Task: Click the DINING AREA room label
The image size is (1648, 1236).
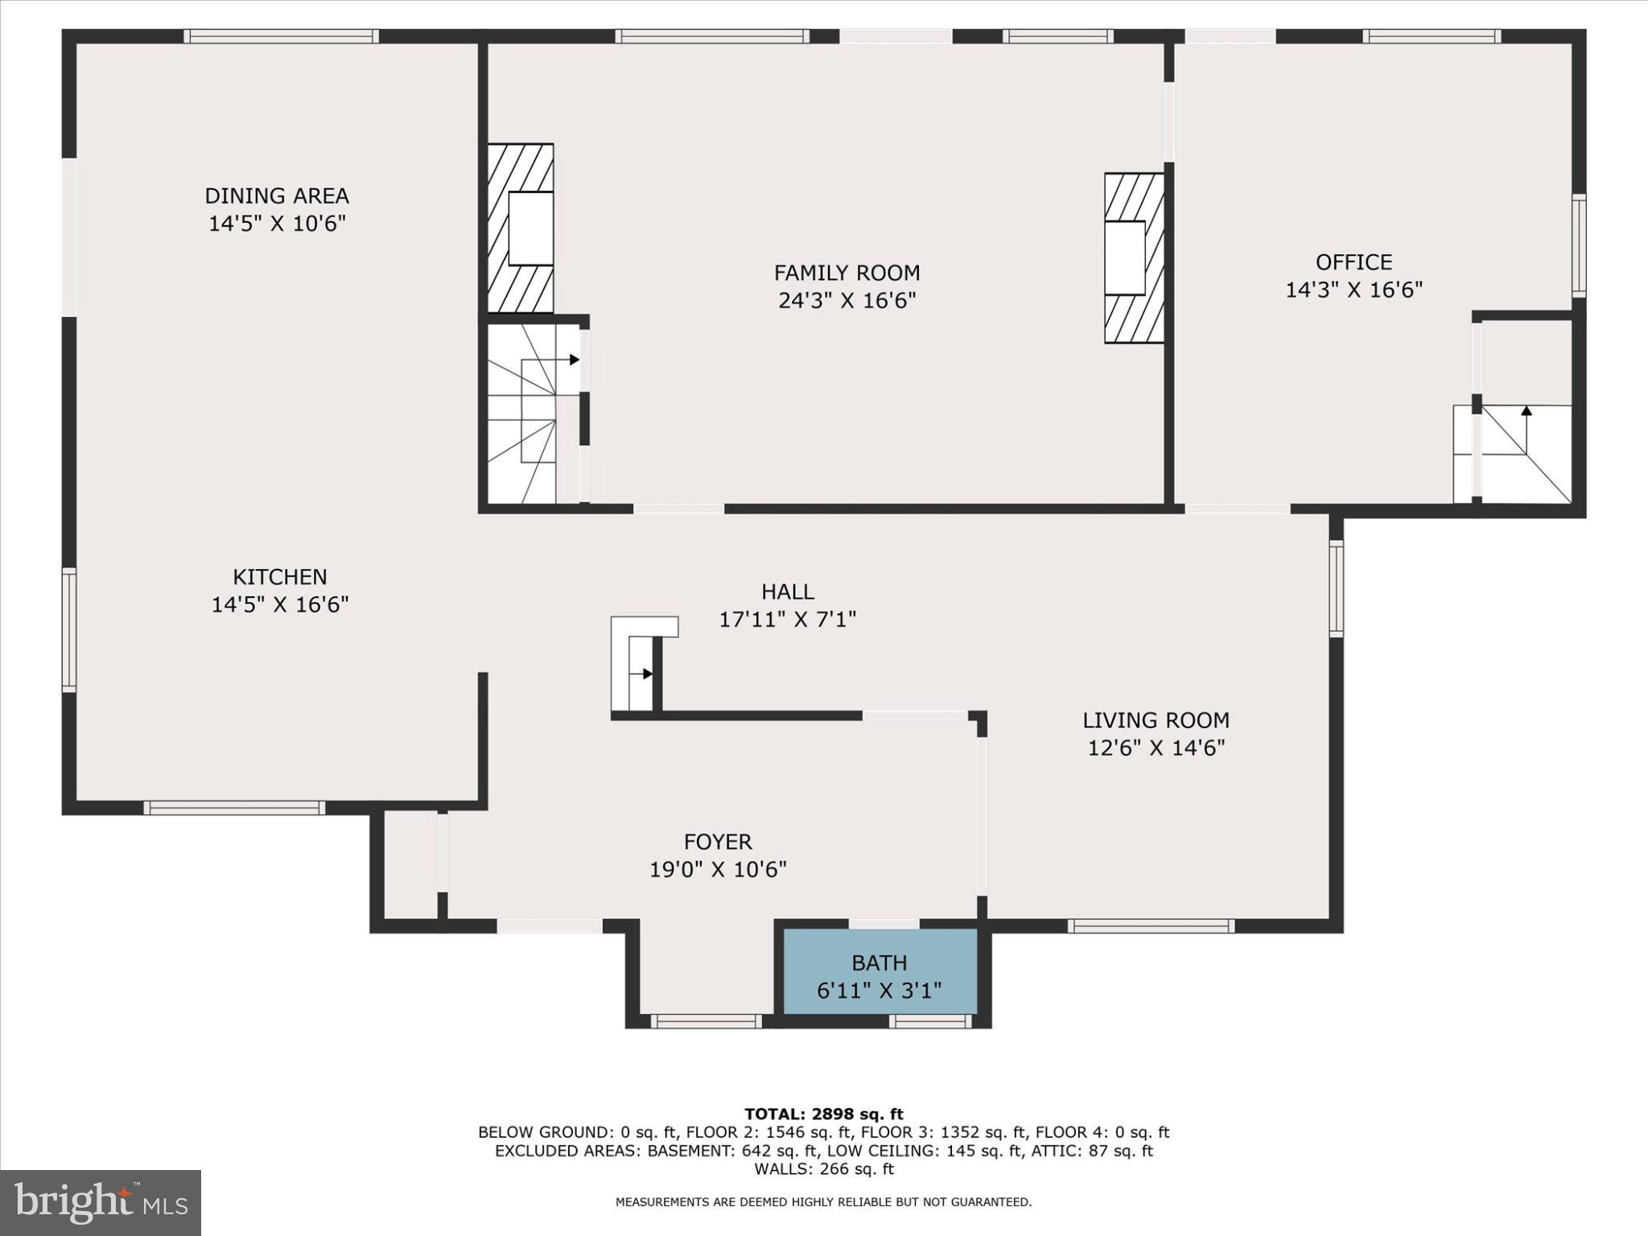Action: click(x=277, y=196)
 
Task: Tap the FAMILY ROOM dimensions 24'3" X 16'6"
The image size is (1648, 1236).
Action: click(x=847, y=301)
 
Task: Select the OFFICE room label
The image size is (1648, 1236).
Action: click(x=1353, y=262)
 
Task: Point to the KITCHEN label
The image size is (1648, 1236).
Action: click(x=280, y=577)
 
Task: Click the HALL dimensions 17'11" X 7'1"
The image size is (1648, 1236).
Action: click(x=787, y=620)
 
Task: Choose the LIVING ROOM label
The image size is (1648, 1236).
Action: click(x=1156, y=720)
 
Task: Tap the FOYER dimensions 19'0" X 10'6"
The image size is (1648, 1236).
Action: click(x=718, y=870)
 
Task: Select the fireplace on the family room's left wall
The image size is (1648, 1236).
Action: click(x=521, y=229)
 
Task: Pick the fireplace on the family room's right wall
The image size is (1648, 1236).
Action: click(x=1134, y=258)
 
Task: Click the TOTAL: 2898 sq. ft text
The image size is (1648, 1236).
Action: click(x=824, y=1114)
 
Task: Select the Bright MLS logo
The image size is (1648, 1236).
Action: click(x=101, y=1203)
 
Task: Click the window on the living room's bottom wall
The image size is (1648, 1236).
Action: click(x=1151, y=926)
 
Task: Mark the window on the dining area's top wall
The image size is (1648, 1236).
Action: click(x=281, y=36)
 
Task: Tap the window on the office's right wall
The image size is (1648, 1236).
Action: click(x=1579, y=245)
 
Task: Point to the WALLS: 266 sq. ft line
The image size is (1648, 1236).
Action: click(x=824, y=1169)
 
